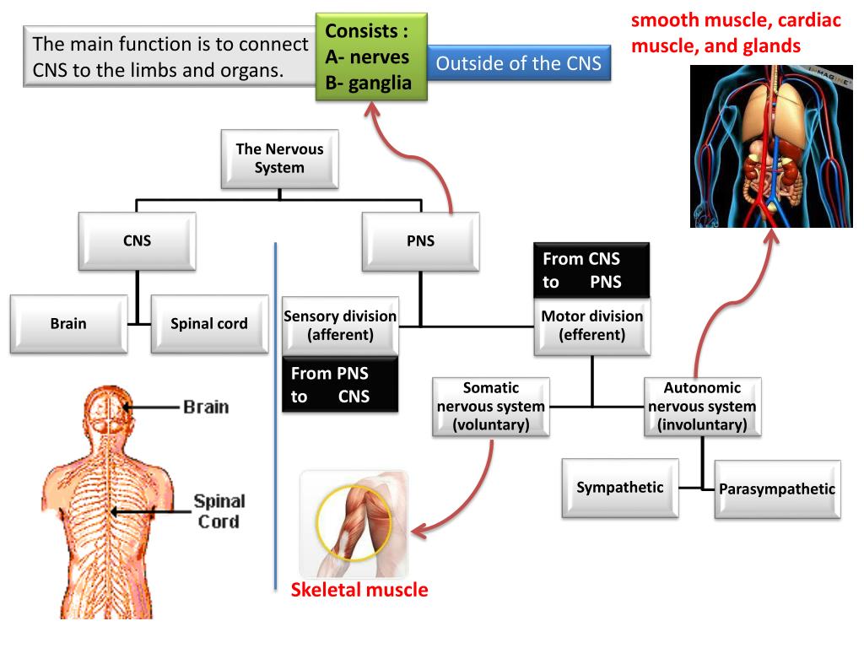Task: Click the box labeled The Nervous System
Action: click(279, 159)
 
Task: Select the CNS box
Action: click(138, 241)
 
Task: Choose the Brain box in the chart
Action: click(69, 324)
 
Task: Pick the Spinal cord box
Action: click(209, 324)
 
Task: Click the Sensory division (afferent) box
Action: click(340, 326)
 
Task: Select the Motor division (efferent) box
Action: click(591, 327)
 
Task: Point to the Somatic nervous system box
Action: click(491, 407)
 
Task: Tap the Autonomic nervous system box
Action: click(703, 407)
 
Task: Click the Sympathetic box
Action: click(620, 489)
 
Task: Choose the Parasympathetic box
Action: click(777, 489)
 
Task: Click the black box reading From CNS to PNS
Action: click(591, 270)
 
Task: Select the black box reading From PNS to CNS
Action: click(340, 385)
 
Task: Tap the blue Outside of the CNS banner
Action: click(519, 62)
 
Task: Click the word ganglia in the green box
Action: click(380, 84)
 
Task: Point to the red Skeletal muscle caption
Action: click(359, 590)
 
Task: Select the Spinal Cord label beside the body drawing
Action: click(219, 511)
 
